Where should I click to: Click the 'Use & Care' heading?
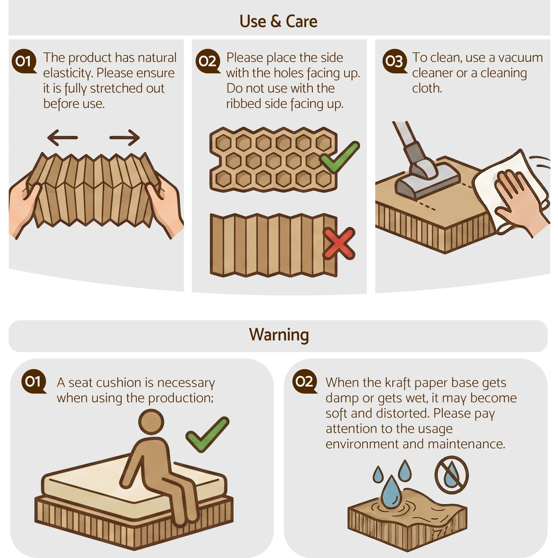[278, 21]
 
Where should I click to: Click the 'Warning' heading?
[279, 335]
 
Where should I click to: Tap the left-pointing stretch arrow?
[62, 137]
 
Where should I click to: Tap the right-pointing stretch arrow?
[125, 137]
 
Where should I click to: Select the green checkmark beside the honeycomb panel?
[340, 157]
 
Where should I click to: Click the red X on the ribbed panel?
[339, 243]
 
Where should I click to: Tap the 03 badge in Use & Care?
[394, 61]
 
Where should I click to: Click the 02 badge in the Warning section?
[304, 382]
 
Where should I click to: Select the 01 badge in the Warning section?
[33, 382]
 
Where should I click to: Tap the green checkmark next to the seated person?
[207, 434]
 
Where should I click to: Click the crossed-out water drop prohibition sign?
[452, 475]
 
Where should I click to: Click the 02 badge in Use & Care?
[208, 61]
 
